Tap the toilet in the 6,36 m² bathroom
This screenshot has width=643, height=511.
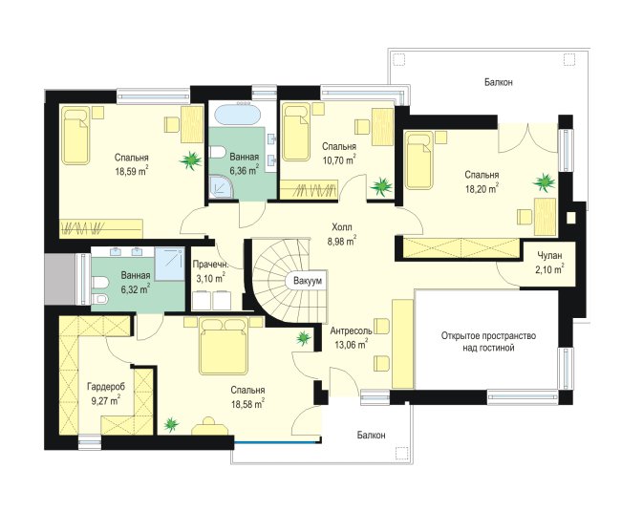(x=217, y=152)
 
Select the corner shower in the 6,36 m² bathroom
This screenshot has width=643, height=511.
(x=223, y=187)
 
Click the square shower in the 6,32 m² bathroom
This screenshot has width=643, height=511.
(x=170, y=264)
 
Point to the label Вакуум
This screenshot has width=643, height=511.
(x=308, y=281)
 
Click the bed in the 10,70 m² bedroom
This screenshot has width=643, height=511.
(x=296, y=132)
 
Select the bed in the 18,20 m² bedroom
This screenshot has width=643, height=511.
(x=419, y=160)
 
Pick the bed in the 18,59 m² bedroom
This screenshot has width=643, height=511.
(x=75, y=136)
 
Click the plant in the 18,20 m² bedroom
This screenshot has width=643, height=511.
(x=545, y=182)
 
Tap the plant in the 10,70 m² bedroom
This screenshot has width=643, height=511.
(x=381, y=186)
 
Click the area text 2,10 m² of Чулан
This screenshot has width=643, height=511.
(x=549, y=269)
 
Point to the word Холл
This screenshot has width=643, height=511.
(x=342, y=226)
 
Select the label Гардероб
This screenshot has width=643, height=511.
(x=106, y=386)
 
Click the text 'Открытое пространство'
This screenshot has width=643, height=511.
(x=488, y=336)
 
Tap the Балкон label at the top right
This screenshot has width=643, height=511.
(x=498, y=82)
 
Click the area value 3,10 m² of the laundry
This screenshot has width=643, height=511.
(x=211, y=279)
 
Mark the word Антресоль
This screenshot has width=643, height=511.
(x=351, y=330)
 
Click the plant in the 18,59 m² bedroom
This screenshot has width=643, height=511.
(x=191, y=160)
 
